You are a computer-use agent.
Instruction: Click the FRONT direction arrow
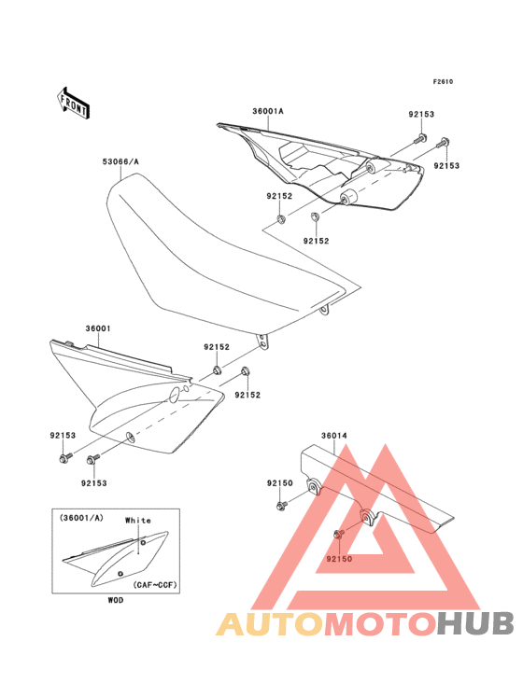pos(73,103)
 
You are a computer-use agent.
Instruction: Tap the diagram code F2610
pos(443,81)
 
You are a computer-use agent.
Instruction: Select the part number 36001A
pos(268,111)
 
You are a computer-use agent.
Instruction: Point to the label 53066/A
pos(120,161)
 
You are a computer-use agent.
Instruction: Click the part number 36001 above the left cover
pos(98,328)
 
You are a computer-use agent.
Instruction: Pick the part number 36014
pos(334,435)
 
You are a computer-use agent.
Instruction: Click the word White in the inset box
pos(137,520)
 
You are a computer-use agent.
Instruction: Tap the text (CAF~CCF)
pos(155,584)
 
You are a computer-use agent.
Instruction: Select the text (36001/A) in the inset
pos(81,518)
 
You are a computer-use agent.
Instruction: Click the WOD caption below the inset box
pos(116,600)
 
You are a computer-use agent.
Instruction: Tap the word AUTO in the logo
pos(270,623)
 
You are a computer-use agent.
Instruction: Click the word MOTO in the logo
pos(380,623)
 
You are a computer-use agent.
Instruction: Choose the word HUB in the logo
pos(476,623)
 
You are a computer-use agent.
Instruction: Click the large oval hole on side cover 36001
pos(174,394)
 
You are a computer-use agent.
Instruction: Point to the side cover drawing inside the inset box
pos(116,558)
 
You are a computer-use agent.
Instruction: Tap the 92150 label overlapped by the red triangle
pos(339,559)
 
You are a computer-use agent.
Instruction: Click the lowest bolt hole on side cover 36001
pos(130,437)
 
